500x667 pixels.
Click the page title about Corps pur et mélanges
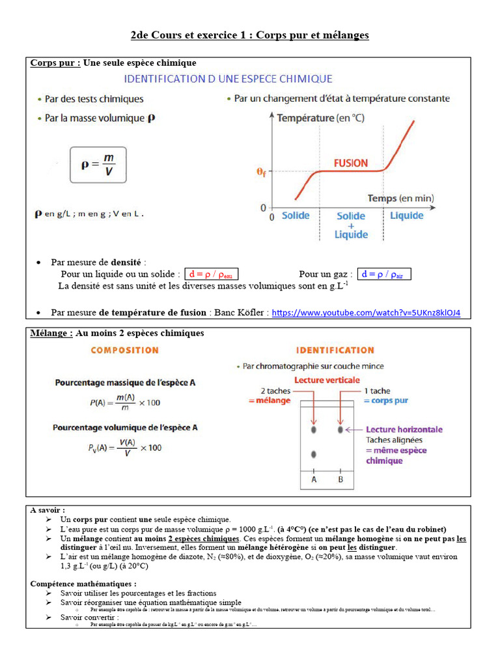pyautogui.click(x=250, y=35)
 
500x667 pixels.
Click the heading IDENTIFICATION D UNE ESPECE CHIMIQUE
pyautogui.click(x=228, y=79)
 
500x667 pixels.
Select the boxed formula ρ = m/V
pyautogui.click(x=98, y=164)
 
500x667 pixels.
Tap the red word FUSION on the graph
pyautogui.click(x=351, y=163)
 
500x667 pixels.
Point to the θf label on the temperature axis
pyautogui.click(x=260, y=172)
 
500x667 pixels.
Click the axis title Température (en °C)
pyautogui.click(x=320, y=118)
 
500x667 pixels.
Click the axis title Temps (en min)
pyautogui.click(x=400, y=198)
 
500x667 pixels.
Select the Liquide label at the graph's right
pyautogui.click(x=406, y=216)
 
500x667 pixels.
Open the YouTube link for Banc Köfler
pyautogui.click(x=366, y=313)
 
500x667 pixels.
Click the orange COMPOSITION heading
pyautogui.click(x=124, y=350)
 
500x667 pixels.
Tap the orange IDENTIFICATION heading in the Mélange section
pyautogui.click(x=335, y=350)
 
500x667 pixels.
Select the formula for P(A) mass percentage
pyautogui.click(x=124, y=403)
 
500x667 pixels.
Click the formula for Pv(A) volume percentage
pyautogui.click(x=125, y=447)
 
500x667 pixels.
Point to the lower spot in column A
pyautogui.click(x=314, y=454)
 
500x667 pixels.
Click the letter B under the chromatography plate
pyautogui.click(x=340, y=479)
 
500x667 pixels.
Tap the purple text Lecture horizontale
pyautogui.click(x=404, y=429)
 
